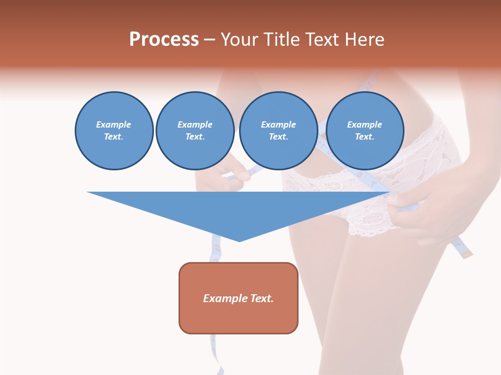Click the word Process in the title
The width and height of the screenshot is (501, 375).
click(164, 40)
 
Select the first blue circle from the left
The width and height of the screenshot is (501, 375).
click(114, 131)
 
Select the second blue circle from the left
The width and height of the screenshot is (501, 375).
click(195, 131)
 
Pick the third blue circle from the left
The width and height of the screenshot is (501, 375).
click(278, 131)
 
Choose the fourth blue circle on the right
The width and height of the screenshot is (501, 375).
click(364, 131)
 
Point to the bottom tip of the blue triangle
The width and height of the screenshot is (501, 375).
click(239, 241)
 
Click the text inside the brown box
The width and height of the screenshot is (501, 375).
click(238, 298)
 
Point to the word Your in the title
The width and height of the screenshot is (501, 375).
click(240, 40)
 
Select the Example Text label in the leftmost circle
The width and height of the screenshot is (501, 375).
click(114, 131)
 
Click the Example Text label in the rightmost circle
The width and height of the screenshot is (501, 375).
click(364, 131)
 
